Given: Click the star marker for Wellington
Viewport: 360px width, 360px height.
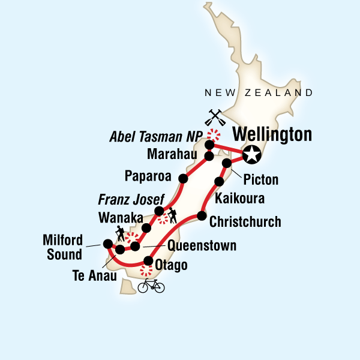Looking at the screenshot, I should point(253,154).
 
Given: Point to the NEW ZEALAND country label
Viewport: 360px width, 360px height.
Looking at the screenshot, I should point(259,93).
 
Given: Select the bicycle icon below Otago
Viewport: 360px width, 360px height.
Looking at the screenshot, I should point(151,286).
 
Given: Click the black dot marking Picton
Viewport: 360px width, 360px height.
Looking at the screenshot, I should point(227,163).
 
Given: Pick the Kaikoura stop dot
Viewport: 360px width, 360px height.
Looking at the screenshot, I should point(220,181).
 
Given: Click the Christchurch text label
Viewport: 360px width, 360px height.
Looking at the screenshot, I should point(245,222).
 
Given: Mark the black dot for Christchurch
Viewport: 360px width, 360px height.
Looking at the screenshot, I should point(202,216).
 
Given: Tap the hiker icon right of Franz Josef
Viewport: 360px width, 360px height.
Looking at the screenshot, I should point(172,213).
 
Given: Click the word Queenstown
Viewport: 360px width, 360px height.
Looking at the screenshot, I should point(202,245).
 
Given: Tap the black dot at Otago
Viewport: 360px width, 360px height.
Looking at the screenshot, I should point(148,261).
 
